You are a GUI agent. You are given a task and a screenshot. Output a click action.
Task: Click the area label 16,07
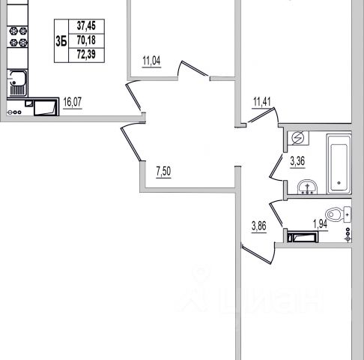point(73,102)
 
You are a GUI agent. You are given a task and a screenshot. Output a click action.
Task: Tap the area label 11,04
point(151,61)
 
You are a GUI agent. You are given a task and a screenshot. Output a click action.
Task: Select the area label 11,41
point(262,102)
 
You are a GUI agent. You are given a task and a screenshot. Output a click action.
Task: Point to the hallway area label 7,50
point(163,172)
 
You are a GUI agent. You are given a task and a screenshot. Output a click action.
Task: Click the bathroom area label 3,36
point(297,161)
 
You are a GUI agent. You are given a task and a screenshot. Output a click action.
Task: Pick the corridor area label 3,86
point(259,226)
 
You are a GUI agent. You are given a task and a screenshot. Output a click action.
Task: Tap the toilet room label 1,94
point(320,224)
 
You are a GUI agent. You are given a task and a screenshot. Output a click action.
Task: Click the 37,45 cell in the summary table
point(86,25)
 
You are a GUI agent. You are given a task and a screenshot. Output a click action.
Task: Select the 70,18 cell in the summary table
point(86,40)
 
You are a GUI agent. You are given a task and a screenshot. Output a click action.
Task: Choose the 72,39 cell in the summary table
point(86,55)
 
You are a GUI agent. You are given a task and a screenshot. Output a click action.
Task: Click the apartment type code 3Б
point(61,41)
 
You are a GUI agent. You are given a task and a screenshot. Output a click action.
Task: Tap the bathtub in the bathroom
point(339,164)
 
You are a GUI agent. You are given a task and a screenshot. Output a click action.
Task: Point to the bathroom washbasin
point(308,187)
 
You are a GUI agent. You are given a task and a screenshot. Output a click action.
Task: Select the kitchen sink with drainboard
point(17,83)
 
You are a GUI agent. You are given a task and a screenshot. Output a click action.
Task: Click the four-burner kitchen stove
point(17,37)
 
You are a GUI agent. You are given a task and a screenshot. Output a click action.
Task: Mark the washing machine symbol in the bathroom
point(298,138)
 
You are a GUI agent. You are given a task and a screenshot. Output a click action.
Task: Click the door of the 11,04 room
point(193,69)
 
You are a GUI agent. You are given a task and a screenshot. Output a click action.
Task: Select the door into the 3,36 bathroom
point(276,166)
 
